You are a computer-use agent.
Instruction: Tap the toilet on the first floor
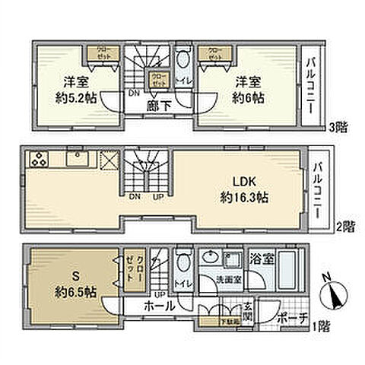182,262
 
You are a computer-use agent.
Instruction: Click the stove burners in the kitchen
37,160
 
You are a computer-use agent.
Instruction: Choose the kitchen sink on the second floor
77,158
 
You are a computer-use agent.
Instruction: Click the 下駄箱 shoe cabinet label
210,322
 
